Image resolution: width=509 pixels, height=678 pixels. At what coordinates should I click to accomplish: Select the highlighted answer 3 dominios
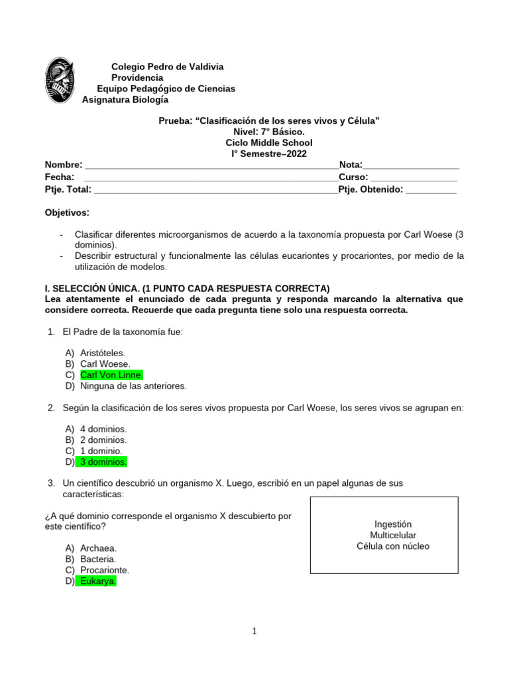(x=103, y=461)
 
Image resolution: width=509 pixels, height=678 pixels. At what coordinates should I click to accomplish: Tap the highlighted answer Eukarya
(x=97, y=581)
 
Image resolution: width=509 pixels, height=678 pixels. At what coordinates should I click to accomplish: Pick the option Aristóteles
(x=102, y=353)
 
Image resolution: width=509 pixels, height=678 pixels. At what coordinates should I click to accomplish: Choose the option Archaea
(x=98, y=548)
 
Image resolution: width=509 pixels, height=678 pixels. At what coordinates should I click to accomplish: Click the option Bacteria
(x=98, y=559)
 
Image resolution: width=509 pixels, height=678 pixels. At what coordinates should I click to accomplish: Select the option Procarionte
(x=105, y=570)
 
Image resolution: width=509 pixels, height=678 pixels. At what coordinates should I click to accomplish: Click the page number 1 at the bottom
(x=254, y=631)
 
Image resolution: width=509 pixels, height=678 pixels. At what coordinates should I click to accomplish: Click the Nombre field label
(x=64, y=165)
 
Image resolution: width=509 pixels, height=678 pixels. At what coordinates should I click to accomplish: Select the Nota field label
(x=351, y=165)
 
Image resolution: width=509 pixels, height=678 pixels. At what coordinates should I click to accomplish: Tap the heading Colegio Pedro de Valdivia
(x=167, y=67)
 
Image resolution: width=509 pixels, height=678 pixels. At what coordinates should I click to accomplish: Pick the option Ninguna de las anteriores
(x=133, y=385)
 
